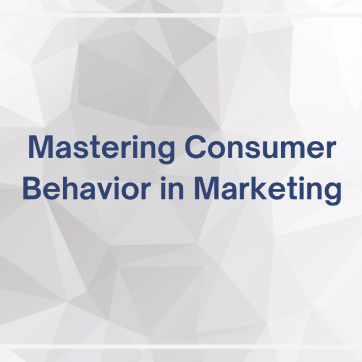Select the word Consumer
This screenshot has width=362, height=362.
(260, 148)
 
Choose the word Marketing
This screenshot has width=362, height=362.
(267, 189)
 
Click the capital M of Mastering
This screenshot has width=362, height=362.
(40, 148)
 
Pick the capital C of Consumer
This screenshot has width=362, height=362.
(195, 148)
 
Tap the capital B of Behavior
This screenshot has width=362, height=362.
(31, 189)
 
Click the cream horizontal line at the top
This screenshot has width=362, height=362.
(181, 15)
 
